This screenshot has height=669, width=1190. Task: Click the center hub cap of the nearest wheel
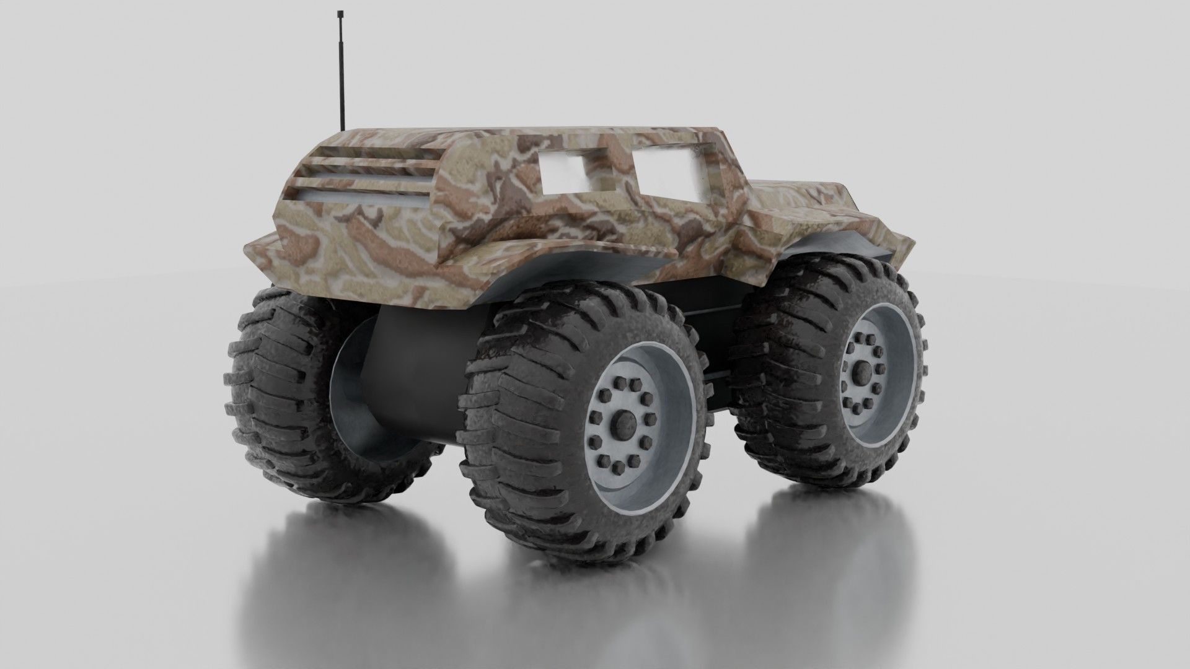pos(621,424)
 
